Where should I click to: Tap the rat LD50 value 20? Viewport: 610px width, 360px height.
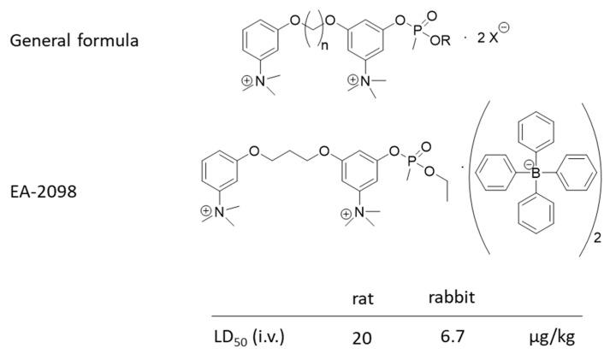(x=362, y=337)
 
